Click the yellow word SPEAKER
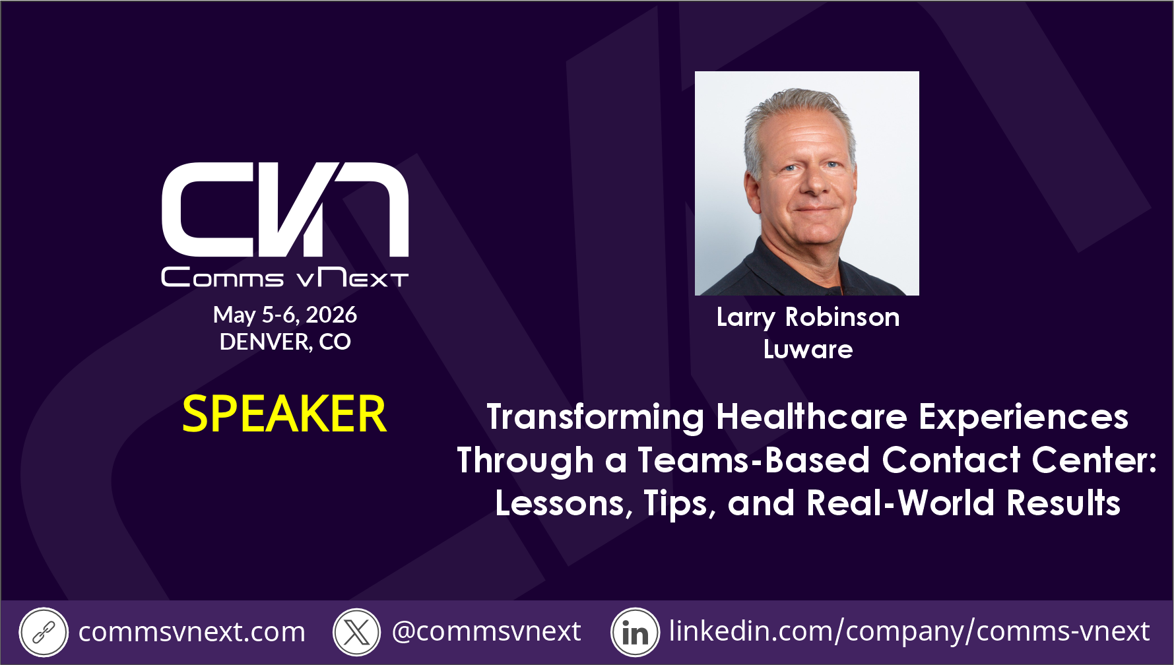pyautogui.click(x=284, y=414)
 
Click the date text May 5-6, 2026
pyautogui.click(x=285, y=315)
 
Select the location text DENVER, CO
pyautogui.click(x=285, y=342)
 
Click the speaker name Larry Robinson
pyautogui.click(x=808, y=318)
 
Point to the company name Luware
pyautogui.click(x=808, y=350)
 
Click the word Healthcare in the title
pyautogui.click(x=812, y=417)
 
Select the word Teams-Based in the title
pyautogui.click(x=754, y=460)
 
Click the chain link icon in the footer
pyautogui.click(x=44, y=633)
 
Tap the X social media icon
pyautogui.click(x=357, y=633)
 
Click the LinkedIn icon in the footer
pyautogui.click(x=636, y=633)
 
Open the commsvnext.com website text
pyautogui.click(x=192, y=632)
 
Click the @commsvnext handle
pyautogui.click(x=486, y=631)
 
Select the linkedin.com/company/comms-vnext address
pyautogui.click(x=909, y=631)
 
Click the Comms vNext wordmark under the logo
pyautogui.click(x=285, y=277)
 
